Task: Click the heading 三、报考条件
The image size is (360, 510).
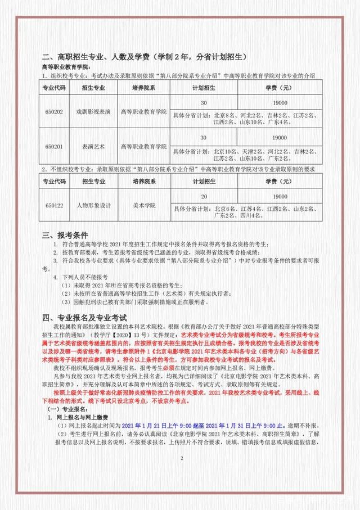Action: point(69,234)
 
